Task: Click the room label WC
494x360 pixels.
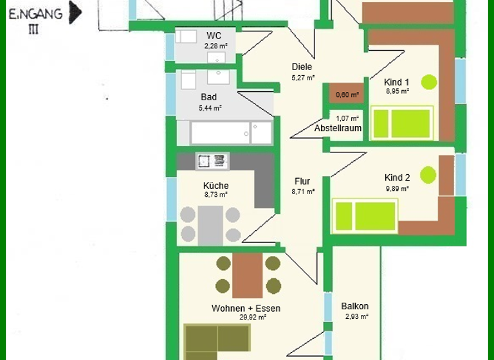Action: click(214, 35)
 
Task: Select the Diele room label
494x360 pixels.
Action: click(302, 67)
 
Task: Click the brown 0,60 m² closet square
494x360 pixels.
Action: click(347, 94)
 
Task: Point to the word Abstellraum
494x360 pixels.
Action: click(338, 128)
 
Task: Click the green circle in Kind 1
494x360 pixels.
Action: click(429, 82)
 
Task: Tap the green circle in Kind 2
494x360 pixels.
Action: click(428, 175)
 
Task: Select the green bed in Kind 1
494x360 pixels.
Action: click(402, 123)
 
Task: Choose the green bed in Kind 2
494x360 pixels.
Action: click(365, 215)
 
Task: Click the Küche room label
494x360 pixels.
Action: click(215, 186)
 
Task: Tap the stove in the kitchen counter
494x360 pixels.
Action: click(213, 161)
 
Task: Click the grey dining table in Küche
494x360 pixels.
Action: click(210, 225)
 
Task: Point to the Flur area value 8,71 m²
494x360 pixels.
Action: click(302, 192)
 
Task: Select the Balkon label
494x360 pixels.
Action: click(355, 306)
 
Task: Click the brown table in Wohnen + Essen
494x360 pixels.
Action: click(248, 275)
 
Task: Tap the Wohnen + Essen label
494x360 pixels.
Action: click(246, 309)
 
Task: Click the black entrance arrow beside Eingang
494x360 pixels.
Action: click(75, 12)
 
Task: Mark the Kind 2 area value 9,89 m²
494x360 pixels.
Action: click(397, 189)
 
